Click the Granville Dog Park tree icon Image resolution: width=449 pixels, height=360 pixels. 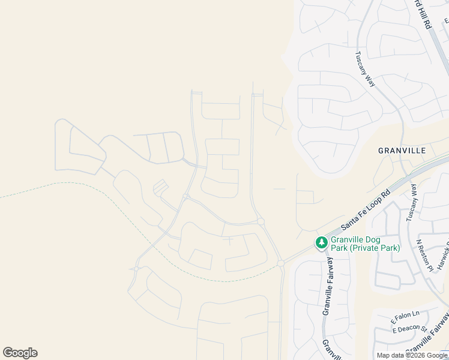pyautogui.click(x=322, y=242)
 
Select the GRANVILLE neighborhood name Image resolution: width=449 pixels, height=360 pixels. pyautogui.click(x=402, y=150)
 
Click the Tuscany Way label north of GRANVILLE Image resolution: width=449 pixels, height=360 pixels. pyautogui.click(x=365, y=69)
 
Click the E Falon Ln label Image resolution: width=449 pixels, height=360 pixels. pyautogui.click(x=406, y=316)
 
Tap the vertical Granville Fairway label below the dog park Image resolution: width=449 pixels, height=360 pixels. pyautogui.click(x=328, y=285)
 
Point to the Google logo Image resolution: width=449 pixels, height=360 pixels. pyautogui.click(x=20, y=353)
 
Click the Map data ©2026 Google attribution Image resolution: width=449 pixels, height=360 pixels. pyautogui.click(x=412, y=356)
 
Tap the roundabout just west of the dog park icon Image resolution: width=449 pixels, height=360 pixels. pyautogui.click(x=280, y=263)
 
